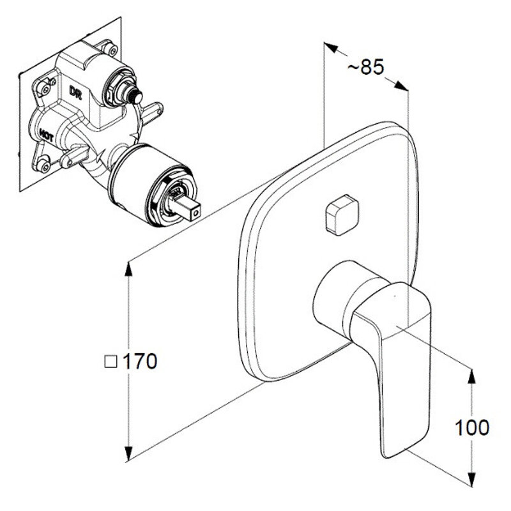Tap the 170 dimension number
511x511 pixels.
pos(140,361)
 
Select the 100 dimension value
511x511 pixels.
pos(471,427)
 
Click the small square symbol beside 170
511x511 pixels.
pos(111,362)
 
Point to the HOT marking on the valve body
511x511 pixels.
pos(46,134)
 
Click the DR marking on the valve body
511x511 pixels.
pos(75,91)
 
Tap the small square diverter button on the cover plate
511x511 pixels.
pos(342,215)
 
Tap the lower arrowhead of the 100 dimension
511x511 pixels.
pos(472,478)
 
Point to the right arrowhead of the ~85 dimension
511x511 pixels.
pos(401,86)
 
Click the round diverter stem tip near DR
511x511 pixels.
pos(136,96)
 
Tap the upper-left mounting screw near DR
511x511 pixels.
pos(44,88)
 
